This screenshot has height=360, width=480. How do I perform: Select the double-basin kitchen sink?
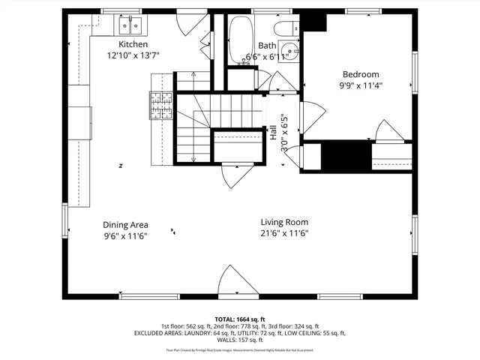point(132,28)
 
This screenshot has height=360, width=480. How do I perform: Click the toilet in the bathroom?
point(286,30)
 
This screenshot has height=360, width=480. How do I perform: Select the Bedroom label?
point(361,74)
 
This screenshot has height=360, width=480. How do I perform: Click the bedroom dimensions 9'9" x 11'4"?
point(361,85)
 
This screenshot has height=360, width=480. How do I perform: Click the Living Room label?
point(284,222)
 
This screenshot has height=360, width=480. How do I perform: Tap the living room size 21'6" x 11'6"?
point(284,233)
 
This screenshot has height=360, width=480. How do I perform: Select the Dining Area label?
point(125,224)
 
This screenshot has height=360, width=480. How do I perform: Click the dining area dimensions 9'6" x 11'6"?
point(125,235)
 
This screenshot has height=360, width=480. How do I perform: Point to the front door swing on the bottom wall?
point(233,280)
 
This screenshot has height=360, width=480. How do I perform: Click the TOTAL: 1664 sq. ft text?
point(240,319)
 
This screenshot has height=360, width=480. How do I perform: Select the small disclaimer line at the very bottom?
point(240,350)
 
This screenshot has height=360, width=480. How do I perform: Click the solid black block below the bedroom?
point(346,155)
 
